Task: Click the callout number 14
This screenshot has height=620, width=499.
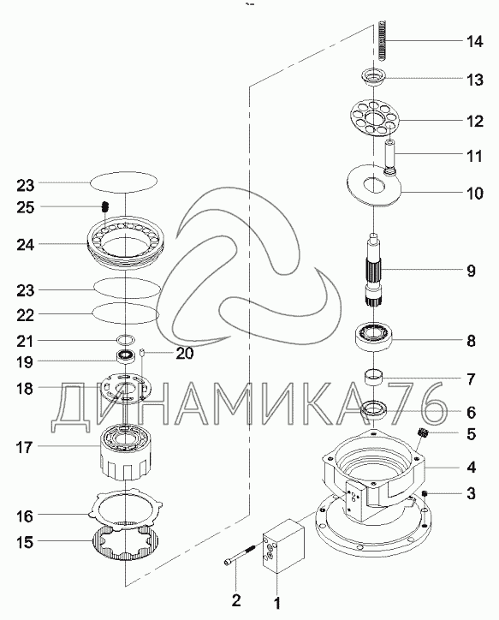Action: [x=474, y=41]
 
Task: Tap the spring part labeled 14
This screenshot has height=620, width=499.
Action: [x=382, y=40]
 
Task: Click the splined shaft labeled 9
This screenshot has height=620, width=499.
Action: [x=373, y=269]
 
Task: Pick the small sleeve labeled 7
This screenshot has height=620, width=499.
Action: [x=374, y=376]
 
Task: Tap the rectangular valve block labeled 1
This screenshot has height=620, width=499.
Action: [x=283, y=546]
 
